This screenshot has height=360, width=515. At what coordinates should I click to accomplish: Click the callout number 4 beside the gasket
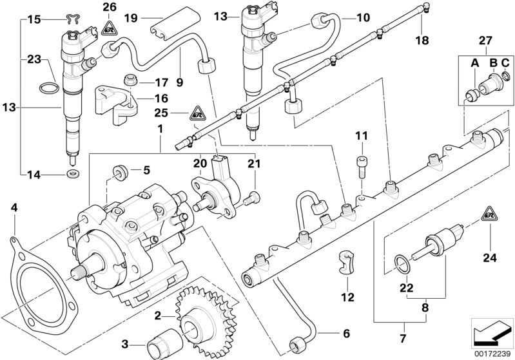click(x=14, y=208)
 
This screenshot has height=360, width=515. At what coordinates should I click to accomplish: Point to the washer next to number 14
click(x=70, y=174)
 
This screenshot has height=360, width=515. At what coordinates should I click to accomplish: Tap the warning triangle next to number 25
click(x=196, y=115)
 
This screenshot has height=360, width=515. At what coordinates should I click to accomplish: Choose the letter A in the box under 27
click(x=474, y=62)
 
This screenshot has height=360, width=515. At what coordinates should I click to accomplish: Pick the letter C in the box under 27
click(x=505, y=62)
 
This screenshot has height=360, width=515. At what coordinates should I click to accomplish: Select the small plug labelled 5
click(x=119, y=172)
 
